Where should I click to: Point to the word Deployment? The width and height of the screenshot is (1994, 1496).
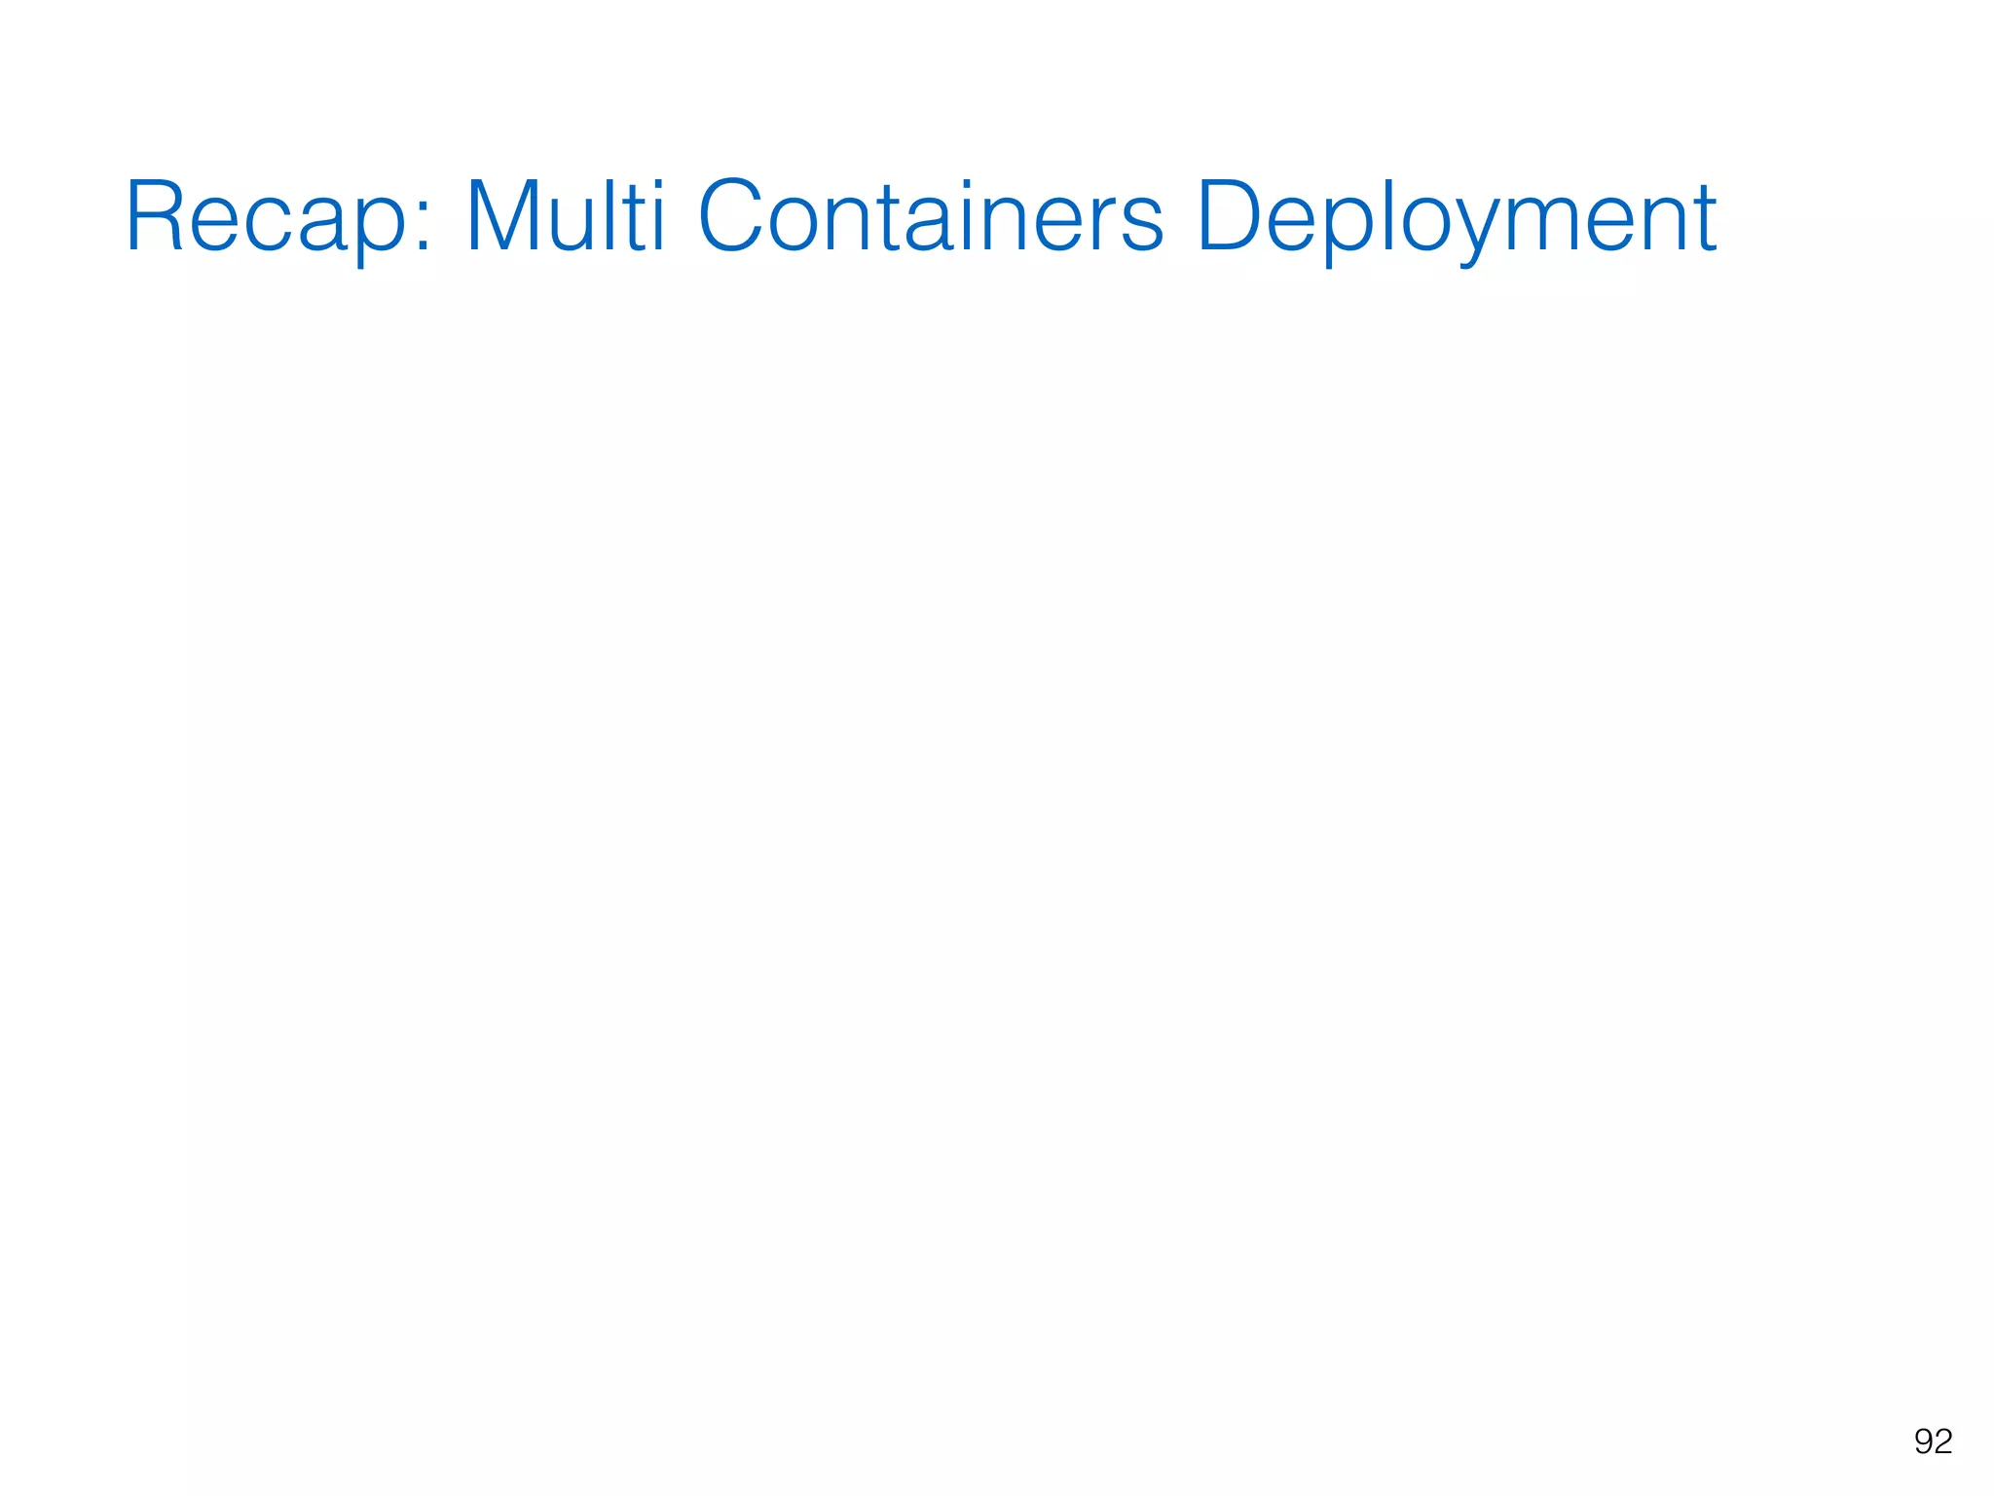click(x=1456, y=218)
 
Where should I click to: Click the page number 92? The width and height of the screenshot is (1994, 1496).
click(x=1933, y=1441)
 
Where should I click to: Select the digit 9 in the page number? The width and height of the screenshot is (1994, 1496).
click(x=1923, y=1441)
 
